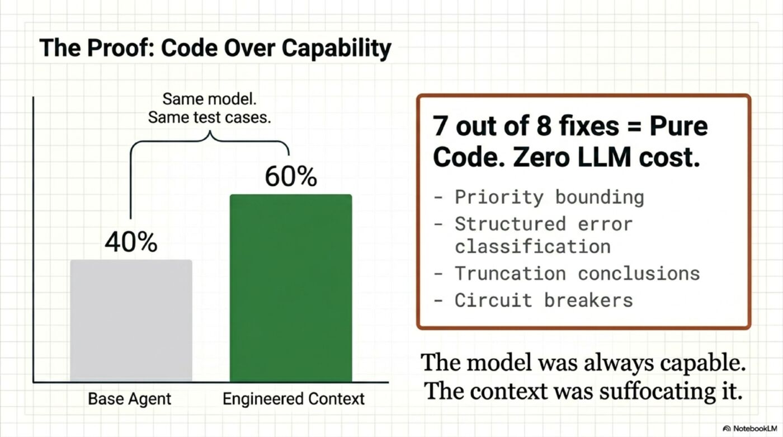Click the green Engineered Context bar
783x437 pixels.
[291, 288]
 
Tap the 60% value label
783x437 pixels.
[291, 177]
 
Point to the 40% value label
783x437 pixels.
[131, 242]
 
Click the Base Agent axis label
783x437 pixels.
[130, 399]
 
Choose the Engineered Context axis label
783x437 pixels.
[294, 399]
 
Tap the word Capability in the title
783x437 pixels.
[336, 48]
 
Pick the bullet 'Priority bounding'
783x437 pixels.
[549, 197]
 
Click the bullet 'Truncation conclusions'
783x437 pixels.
[577, 273]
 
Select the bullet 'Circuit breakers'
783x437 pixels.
[543, 300]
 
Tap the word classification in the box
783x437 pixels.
[532, 246]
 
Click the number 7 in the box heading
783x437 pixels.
[441, 127]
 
